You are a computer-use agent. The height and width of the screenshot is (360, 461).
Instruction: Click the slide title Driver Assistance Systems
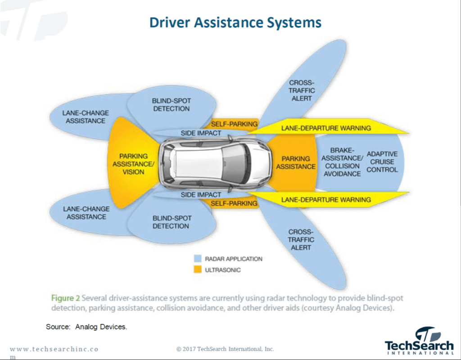[x=235, y=22]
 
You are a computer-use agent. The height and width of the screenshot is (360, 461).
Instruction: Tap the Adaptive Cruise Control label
[x=382, y=162]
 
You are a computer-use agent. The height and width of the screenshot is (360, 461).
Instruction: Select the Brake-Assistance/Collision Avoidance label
[x=342, y=162]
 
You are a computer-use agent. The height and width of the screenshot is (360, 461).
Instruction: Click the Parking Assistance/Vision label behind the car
[x=133, y=164]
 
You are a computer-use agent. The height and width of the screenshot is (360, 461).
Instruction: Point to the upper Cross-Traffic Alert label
[x=302, y=90]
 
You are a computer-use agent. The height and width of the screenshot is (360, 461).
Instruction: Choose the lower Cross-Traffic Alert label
[x=301, y=239]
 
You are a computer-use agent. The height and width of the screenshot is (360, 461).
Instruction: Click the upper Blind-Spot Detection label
[x=171, y=105]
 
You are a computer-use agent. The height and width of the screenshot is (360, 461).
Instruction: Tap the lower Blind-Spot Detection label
[x=171, y=222]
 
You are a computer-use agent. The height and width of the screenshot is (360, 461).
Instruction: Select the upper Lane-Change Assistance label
[x=86, y=117]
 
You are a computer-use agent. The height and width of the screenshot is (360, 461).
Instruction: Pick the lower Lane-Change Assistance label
[x=86, y=213]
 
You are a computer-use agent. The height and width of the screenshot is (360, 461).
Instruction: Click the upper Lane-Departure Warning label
[x=326, y=128]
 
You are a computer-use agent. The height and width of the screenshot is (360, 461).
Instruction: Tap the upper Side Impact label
[x=201, y=133]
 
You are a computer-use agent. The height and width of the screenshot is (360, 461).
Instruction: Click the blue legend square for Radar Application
[x=197, y=259]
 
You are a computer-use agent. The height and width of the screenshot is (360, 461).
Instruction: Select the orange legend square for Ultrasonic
[x=197, y=270]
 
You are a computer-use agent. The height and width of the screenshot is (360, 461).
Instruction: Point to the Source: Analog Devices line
[x=86, y=327]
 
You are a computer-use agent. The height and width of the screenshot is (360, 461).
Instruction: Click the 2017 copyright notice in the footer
[x=225, y=349]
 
